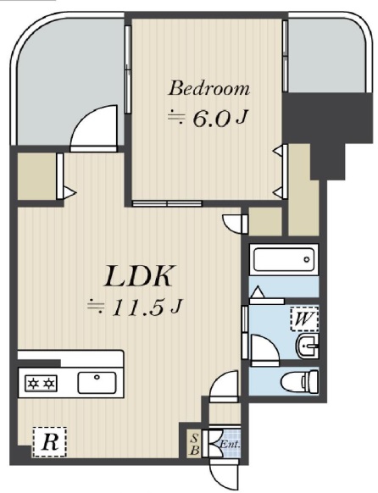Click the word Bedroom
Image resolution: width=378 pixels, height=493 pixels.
coord(209,88)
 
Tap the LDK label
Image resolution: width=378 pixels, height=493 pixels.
coord(139,276)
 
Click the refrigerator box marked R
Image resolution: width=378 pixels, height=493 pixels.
coord(50,441)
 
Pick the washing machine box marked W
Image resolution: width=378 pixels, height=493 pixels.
coord(304,319)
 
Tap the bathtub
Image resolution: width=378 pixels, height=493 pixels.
coord(284,260)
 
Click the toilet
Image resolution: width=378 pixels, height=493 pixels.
coord(299,381)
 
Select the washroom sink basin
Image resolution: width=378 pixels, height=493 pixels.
coord(308,346)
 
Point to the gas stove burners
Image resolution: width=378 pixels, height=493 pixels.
coord(41,383)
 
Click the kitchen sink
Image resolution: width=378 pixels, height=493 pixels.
coord(97,382)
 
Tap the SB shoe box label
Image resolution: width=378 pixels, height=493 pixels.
coord(195,444)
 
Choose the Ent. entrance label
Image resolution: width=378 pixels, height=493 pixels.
coord(230,446)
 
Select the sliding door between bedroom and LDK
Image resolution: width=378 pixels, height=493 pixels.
coord(167,203)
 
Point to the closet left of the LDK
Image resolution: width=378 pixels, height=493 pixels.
coord(36,176)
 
